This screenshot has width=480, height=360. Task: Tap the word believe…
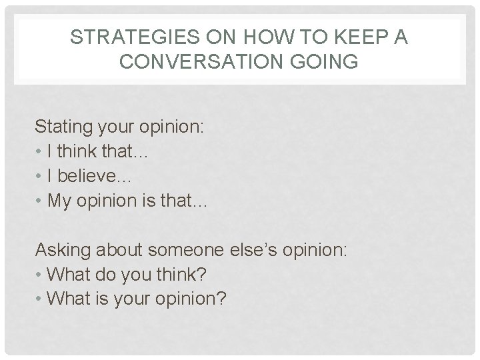point(96,177)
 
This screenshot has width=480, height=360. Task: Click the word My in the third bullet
point(59,202)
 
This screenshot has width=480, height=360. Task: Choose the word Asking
point(63,250)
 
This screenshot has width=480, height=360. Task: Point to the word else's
point(253,250)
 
